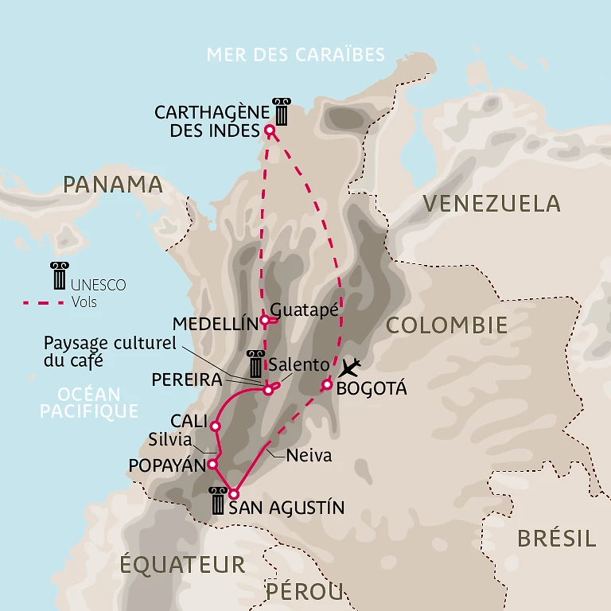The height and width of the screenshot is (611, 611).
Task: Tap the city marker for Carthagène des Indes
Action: (x=269, y=130)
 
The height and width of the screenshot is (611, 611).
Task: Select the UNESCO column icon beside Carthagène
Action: (x=280, y=112)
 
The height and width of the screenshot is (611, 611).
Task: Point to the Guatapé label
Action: (x=305, y=309)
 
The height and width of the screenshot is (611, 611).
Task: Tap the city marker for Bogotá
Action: (x=326, y=385)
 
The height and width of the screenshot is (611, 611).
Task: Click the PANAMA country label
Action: (x=112, y=185)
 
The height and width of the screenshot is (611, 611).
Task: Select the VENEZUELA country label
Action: (x=491, y=204)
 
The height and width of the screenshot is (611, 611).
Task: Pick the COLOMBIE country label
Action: (x=446, y=325)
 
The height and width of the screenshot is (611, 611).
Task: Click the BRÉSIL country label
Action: (x=556, y=539)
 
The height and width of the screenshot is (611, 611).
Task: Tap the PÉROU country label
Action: (x=305, y=591)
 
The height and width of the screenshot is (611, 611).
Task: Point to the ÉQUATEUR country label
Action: (x=182, y=565)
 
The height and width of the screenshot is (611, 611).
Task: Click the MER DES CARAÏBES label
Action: (x=295, y=55)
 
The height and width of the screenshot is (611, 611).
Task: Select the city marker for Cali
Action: (x=215, y=426)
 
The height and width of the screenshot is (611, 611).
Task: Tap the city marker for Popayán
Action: (x=212, y=464)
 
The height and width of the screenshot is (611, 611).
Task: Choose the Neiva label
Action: (x=308, y=457)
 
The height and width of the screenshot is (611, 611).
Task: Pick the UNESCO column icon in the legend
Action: (x=59, y=276)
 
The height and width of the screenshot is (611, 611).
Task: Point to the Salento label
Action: (x=298, y=364)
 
